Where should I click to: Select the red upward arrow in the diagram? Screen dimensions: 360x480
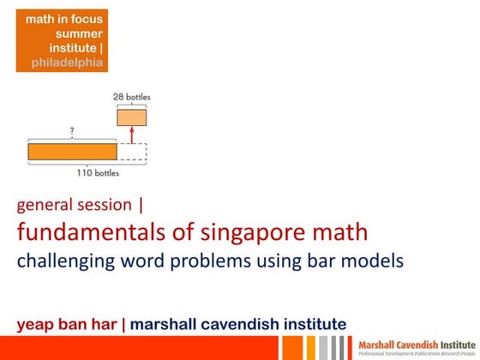point(131,135)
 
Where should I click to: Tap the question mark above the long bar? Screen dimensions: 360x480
point(71,133)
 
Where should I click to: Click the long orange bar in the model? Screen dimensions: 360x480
point(72,152)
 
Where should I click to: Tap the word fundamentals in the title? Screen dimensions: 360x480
point(84,231)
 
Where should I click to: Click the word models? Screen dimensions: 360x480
point(373,260)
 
